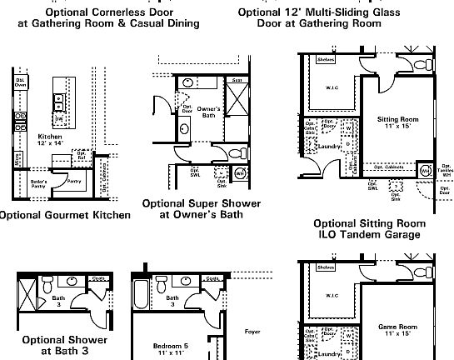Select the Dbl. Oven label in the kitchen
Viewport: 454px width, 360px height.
pyautogui.click(x=20, y=82)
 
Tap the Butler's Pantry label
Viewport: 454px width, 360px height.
pyautogui.click(x=38, y=182)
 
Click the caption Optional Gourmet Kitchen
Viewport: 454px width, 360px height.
pyautogui.click(x=65, y=215)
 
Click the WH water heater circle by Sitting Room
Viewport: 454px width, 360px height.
pyautogui.click(x=423, y=172)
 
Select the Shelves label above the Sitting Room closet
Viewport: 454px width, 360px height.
pyautogui.click(x=327, y=58)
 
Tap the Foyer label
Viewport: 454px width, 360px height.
pyautogui.click(x=252, y=331)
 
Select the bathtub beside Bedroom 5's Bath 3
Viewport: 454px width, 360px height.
pyautogui.click(x=142, y=297)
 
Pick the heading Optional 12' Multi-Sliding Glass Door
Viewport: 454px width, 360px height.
pyautogui.click(x=319, y=17)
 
